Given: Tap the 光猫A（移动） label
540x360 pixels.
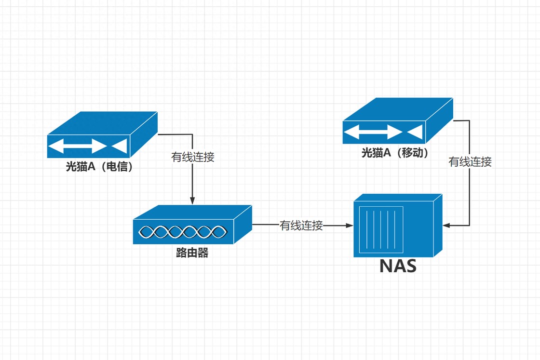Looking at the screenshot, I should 395,153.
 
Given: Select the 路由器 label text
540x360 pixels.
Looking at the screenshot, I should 192,253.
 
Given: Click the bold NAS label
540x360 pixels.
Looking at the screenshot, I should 398,266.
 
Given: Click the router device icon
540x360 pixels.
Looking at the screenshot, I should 192,225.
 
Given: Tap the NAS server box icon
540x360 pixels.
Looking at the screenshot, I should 397,226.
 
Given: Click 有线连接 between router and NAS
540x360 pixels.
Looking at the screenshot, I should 301,225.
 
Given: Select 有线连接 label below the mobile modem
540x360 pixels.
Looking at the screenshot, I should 470,162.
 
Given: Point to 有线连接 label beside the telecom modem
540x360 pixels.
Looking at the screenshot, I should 193,157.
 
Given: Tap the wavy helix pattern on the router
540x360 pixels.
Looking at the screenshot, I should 182,232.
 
